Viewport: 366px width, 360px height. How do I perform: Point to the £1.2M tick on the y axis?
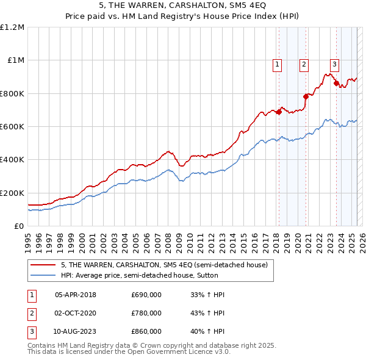[x=12, y=27]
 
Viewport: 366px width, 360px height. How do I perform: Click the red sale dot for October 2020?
[x=306, y=96]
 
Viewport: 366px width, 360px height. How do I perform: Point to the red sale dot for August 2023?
[x=336, y=83]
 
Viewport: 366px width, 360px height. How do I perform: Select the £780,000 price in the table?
[x=146, y=313]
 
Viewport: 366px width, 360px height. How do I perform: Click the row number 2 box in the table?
[x=31, y=313]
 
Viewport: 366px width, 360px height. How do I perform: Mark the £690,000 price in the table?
[x=146, y=295]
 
